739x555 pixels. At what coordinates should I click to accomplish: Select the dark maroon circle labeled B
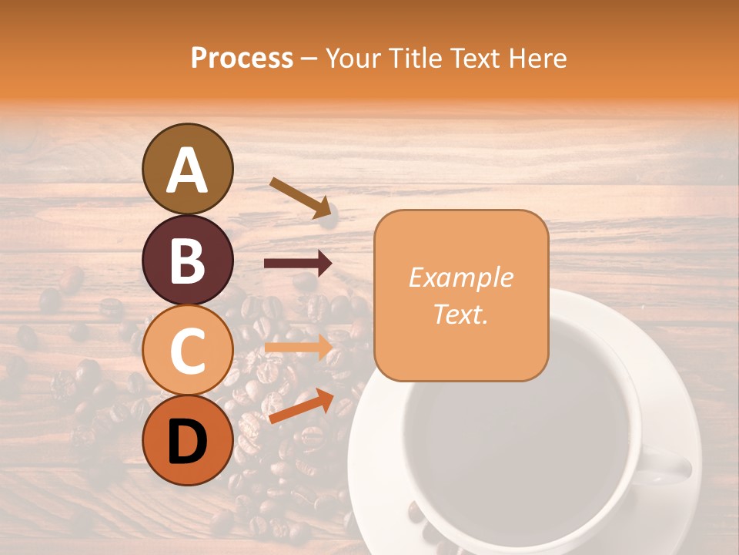[188, 261]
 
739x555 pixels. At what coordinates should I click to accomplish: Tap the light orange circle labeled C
[188, 351]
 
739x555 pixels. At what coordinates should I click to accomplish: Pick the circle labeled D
[188, 441]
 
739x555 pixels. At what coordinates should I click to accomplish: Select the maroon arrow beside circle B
[298, 263]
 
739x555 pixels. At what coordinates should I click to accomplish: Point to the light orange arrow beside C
[298, 348]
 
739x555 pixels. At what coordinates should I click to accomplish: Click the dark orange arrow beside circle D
[301, 406]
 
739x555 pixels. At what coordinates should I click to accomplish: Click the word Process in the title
[242, 58]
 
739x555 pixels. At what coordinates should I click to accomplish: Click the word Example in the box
[461, 277]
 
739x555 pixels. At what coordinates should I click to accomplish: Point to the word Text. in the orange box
[461, 314]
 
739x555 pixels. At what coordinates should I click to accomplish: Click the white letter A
[188, 170]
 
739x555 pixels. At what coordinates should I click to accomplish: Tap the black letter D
[188, 442]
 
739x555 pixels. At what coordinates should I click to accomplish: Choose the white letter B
[188, 261]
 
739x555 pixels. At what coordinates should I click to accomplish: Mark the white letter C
[188, 351]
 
